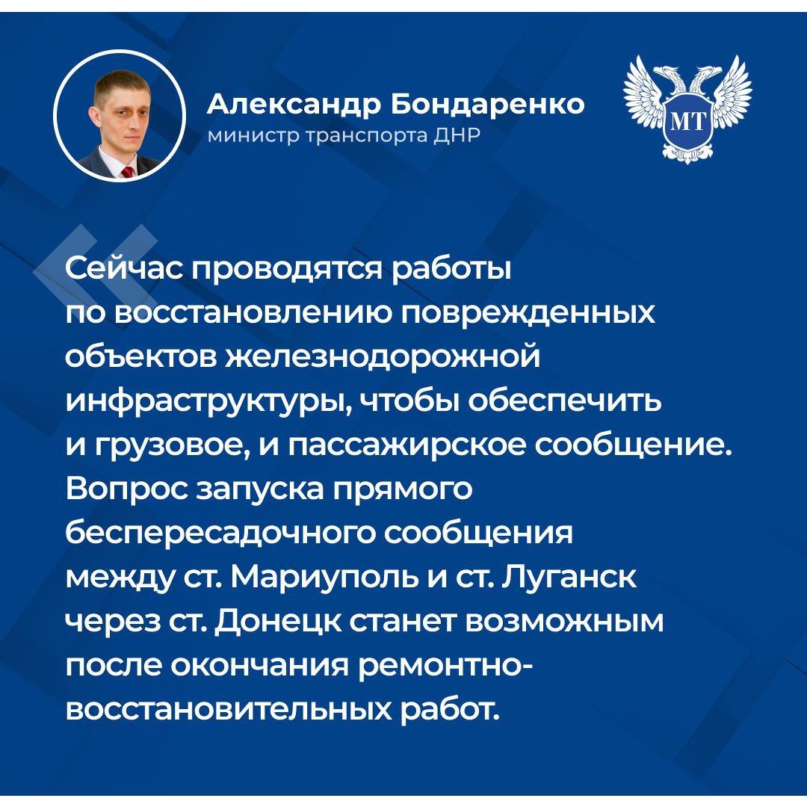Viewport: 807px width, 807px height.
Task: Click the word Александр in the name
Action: point(294,105)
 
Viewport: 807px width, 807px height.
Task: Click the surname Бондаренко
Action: point(487,104)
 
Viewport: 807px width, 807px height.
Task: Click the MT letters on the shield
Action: point(687,122)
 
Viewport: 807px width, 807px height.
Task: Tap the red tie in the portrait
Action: point(127,171)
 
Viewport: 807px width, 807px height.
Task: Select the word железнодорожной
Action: point(383,356)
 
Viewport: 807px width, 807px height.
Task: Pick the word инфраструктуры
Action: point(209,401)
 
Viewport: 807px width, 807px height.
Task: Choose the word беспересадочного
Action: point(220,534)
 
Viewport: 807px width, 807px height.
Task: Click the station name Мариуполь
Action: point(324,578)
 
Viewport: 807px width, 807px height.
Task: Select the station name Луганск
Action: point(569,578)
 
